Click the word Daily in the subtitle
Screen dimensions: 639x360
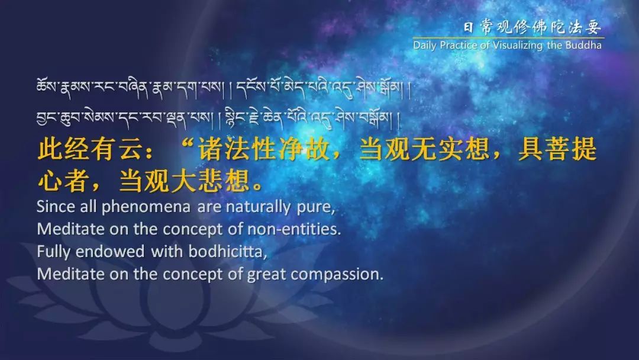click(424, 45)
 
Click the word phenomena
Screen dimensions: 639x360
click(146, 207)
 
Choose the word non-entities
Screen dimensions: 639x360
click(294, 229)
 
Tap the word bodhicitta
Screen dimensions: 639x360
click(227, 252)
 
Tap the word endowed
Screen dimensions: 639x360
click(110, 252)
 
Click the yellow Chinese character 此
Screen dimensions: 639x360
click(50, 149)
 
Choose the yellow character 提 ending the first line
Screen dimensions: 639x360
click(584, 149)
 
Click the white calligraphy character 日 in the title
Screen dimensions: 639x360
click(469, 27)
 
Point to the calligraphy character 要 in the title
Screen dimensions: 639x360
click(593, 27)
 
